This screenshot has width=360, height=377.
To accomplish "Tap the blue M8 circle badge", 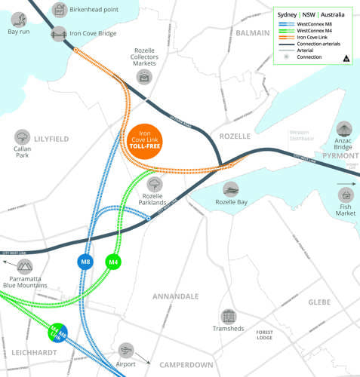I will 86,262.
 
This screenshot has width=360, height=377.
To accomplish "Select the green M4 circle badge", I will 113,262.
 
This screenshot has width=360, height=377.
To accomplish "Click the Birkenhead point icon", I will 59,10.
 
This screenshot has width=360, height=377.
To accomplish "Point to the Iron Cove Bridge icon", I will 59,34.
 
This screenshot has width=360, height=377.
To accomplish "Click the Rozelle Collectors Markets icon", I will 144,77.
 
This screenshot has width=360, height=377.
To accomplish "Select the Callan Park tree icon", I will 22,137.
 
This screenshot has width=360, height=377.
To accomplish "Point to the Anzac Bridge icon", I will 344,130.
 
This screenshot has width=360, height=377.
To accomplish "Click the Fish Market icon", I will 346,195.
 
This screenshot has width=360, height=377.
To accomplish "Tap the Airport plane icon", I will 126,351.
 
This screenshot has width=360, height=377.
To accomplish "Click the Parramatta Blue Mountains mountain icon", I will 25,266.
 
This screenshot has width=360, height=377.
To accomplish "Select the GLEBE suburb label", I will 319,302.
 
